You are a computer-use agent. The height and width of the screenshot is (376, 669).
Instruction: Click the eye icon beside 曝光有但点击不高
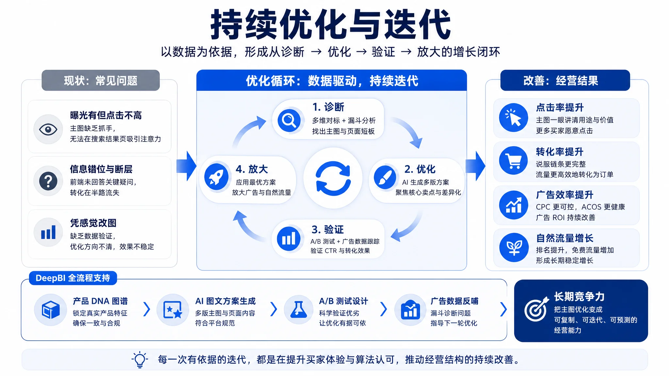(48, 129)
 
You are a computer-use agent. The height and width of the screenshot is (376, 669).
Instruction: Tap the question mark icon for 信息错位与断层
(48, 181)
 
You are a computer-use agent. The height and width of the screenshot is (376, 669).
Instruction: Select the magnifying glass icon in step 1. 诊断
(289, 120)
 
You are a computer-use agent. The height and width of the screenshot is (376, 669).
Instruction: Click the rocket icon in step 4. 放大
(216, 177)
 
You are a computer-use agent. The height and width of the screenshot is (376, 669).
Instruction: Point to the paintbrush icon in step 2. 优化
(385, 177)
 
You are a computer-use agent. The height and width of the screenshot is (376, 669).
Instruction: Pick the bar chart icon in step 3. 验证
(289, 239)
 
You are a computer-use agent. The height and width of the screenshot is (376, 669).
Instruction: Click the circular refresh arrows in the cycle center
(333, 178)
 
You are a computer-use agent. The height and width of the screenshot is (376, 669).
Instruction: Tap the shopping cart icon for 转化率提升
(514, 161)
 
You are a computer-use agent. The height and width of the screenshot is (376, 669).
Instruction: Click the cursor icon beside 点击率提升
(514, 117)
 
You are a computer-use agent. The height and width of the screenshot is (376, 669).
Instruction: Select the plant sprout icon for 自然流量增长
(514, 247)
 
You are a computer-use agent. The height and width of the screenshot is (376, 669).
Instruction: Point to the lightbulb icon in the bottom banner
(140, 360)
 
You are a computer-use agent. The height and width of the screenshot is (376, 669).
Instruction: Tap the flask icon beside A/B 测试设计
(299, 309)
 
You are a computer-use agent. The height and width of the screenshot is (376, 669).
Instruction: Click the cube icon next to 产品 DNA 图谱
(51, 310)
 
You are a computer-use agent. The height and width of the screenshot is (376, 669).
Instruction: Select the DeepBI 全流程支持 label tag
(73, 278)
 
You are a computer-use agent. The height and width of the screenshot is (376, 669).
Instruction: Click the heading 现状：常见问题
(101, 80)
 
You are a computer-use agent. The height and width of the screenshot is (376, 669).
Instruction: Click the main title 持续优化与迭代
(331, 25)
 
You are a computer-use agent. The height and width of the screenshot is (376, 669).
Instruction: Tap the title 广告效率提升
(564, 195)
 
